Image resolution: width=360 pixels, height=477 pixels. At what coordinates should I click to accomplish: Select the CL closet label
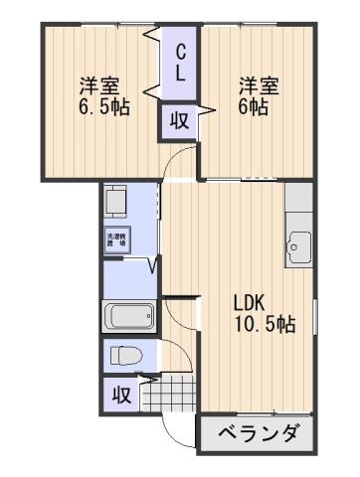(x=181, y=63)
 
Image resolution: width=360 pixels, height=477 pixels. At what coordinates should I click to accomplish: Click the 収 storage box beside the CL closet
(x=180, y=121)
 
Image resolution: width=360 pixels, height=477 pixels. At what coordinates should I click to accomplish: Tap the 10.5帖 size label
(x=264, y=324)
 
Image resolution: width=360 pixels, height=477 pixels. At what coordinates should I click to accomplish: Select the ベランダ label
(x=258, y=434)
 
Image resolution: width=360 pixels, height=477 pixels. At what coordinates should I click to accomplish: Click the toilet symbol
(x=126, y=355)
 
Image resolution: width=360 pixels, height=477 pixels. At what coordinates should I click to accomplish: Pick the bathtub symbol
(x=128, y=318)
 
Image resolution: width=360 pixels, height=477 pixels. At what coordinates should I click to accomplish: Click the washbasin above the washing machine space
(x=118, y=203)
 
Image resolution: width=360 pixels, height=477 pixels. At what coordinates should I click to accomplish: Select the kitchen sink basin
(x=298, y=243)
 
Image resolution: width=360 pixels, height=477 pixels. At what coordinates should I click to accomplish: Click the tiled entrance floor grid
(x=169, y=395)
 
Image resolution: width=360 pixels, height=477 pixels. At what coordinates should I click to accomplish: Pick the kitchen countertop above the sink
(x=298, y=204)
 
